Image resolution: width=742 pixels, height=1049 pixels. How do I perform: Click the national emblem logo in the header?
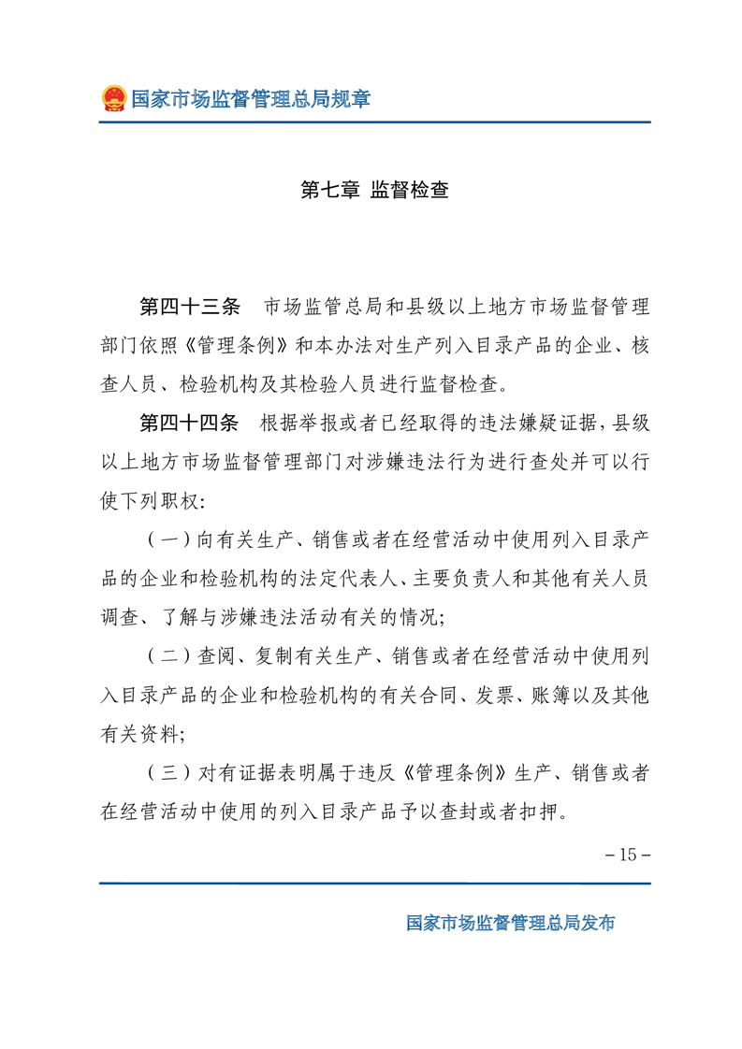[x=113, y=98]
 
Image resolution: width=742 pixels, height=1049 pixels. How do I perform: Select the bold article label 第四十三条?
[x=190, y=307]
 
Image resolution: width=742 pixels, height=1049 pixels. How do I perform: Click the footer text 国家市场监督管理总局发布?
[x=511, y=922]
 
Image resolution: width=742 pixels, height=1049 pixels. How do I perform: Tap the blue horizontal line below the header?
[x=375, y=122]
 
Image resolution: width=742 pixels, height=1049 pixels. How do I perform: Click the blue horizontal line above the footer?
[x=375, y=884]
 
